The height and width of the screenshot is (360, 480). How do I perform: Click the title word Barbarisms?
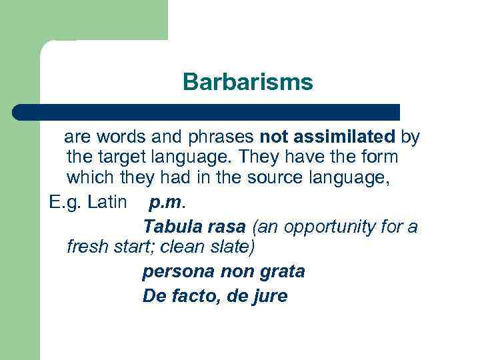(x=247, y=83)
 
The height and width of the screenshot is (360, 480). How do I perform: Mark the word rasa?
(x=227, y=227)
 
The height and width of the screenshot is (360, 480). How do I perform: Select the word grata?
(x=280, y=272)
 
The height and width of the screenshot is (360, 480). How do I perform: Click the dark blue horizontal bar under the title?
(x=207, y=111)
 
